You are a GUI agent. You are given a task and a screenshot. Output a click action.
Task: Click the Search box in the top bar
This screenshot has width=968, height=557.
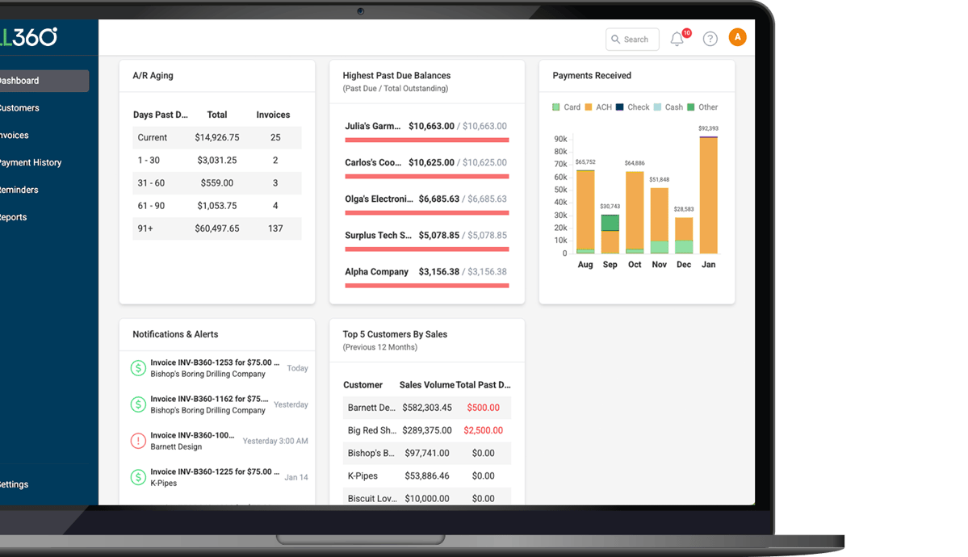pyautogui.click(x=632, y=40)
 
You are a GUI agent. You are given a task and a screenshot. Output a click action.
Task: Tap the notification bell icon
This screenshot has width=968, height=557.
pyautogui.click(x=677, y=40)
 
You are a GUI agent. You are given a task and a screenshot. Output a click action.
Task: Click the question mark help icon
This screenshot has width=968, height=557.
pyautogui.click(x=710, y=39)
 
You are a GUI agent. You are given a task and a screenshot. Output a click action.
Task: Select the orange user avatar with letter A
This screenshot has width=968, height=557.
pyautogui.click(x=737, y=37)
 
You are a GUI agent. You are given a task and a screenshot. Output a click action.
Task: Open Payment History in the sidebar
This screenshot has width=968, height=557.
pyautogui.click(x=31, y=162)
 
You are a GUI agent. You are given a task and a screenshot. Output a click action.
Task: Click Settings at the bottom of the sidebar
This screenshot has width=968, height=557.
pyautogui.click(x=14, y=484)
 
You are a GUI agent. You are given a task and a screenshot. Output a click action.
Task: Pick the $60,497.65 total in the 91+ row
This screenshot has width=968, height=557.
pyautogui.click(x=216, y=228)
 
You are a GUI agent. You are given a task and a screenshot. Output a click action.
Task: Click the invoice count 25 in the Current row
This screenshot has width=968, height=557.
pyautogui.click(x=275, y=137)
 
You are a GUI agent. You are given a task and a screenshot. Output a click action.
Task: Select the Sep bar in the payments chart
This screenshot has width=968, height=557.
pyautogui.click(x=610, y=234)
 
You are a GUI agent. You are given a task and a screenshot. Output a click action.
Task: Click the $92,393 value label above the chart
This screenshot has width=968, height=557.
pyautogui.click(x=708, y=128)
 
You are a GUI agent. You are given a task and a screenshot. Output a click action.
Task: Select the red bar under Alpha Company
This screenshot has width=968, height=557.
pyautogui.click(x=426, y=285)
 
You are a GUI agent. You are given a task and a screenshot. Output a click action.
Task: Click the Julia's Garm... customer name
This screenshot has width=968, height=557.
pyautogui.click(x=372, y=126)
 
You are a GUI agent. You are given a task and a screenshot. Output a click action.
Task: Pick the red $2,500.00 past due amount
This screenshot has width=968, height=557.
pyautogui.click(x=483, y=430)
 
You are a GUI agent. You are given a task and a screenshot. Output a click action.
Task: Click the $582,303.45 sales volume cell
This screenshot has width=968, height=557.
pyautogui.click(x=426, y=408)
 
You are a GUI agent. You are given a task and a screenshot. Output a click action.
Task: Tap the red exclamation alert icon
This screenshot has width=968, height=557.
pyautogui.click(x=138, y=441)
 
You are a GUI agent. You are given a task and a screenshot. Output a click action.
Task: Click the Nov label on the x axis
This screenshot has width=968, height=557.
pyautogui.click(x=660, y=265)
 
